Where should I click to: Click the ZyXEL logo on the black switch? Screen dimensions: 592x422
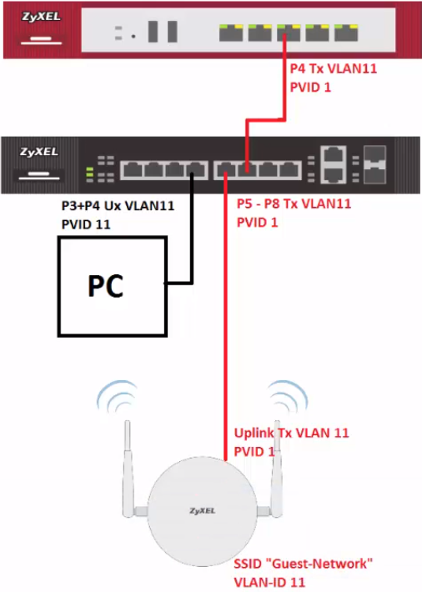[38, 153]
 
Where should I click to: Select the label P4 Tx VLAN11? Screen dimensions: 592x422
[333, 69]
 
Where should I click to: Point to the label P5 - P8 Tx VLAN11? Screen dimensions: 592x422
[294, 204]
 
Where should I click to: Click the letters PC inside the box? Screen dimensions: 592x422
[106, 285]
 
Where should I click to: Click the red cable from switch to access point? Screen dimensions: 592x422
[225, 334]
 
